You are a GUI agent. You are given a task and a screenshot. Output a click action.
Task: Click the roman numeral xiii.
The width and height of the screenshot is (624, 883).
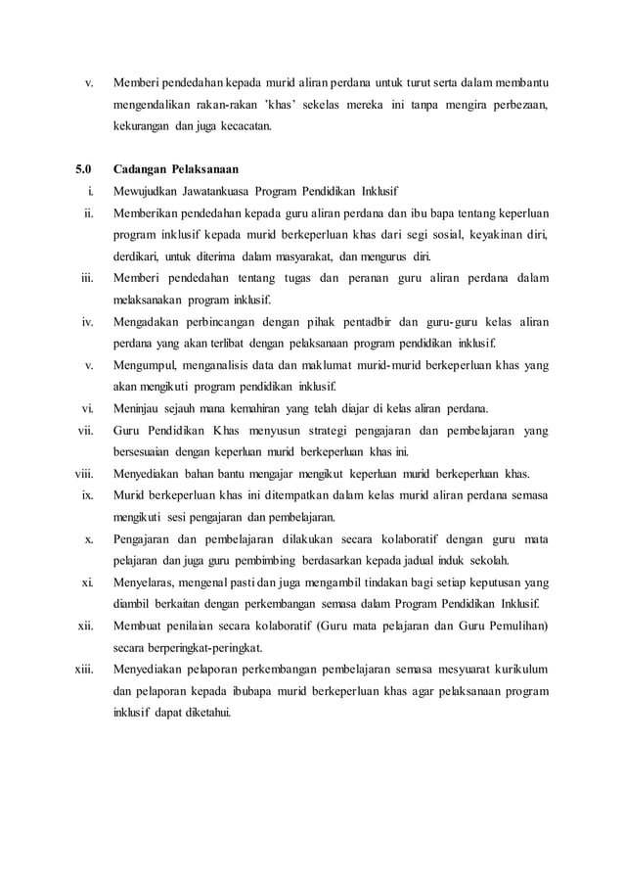click(x=83, y=669)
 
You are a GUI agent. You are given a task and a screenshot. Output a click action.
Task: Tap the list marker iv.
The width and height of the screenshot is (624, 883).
click(x=86, y=322)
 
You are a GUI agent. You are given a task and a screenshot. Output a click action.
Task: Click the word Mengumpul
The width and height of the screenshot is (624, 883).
click(x=144, y=365)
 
